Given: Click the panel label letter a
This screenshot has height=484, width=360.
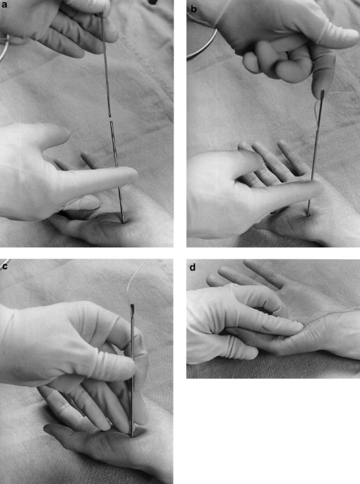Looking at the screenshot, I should pos(4,5).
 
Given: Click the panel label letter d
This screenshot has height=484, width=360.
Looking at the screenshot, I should pos(192,266).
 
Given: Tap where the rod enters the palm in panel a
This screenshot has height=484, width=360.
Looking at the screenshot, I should pos(123,222).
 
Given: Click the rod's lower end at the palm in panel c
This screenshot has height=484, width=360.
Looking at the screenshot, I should pos(132,433).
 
